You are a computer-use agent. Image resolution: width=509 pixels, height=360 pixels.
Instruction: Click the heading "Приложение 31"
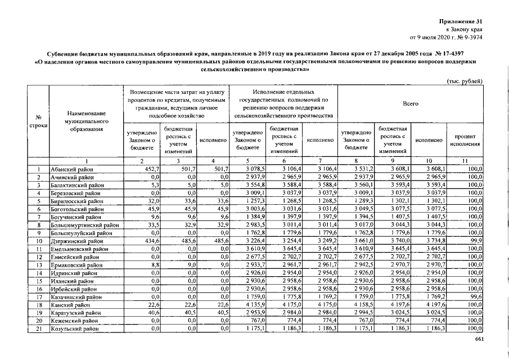pos(460,21)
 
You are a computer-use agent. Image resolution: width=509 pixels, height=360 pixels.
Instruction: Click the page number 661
pos(479,339)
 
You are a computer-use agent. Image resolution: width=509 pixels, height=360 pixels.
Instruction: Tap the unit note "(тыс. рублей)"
pos(464,82)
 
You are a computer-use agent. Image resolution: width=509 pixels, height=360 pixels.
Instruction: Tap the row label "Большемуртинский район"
pos(84,224)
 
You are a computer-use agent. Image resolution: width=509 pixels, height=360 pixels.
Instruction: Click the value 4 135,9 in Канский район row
pos(254,304)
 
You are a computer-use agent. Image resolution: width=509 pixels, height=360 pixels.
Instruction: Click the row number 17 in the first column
pos(38,296)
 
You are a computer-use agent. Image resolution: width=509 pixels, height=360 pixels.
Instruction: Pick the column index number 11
pos(465,161)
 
